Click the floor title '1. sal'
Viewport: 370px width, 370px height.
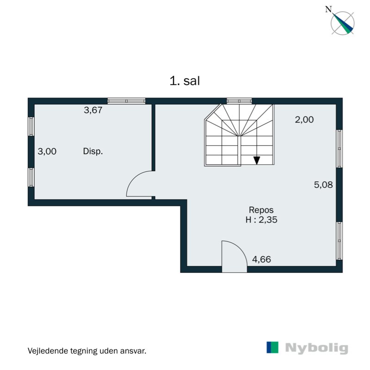click(185, 81)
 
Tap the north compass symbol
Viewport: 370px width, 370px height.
click(343, 22)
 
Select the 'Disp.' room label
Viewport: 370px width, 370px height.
click(92, 151)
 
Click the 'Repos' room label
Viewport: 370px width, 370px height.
click(258, 209)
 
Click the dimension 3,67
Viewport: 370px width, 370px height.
click(92, 110)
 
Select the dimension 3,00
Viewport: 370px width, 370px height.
click(47, 151)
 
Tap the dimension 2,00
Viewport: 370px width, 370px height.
click(304, 120)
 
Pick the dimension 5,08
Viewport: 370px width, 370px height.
click(323, 185)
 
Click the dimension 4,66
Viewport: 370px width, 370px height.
click(261, 259)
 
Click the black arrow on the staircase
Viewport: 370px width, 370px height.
click(257, 160)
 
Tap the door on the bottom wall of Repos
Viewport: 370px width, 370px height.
click(234, 257)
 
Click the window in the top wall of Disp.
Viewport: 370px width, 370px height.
click(126, 101)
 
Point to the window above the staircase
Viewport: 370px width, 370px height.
click(239, 101)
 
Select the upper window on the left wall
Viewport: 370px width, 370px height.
click(31, 126)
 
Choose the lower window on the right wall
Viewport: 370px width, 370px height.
click(339, 241)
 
